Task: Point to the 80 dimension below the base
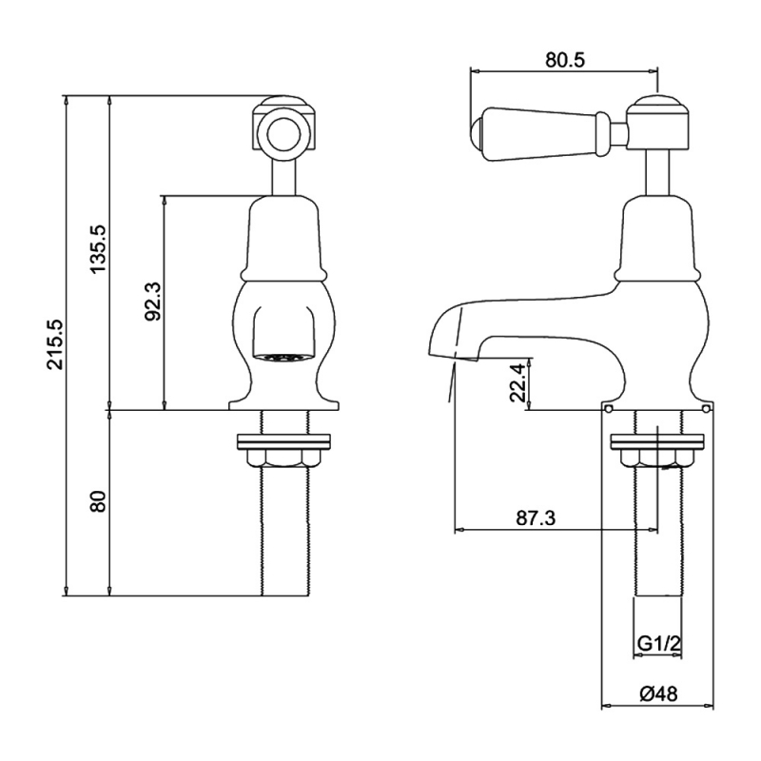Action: click(x=98, y=502)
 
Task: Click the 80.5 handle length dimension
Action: click(x=565, y=60)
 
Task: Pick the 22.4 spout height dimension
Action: click(x=517, y=382)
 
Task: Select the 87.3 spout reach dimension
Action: click(x=536, y=518)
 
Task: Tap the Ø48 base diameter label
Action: click(x=658, y=693)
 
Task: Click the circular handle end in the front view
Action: click(x=277, y=132)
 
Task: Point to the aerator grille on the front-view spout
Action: click(x=280, y=358)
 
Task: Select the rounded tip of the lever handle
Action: click(x=477, y=131)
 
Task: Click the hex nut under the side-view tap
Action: click(x=657, y=458)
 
